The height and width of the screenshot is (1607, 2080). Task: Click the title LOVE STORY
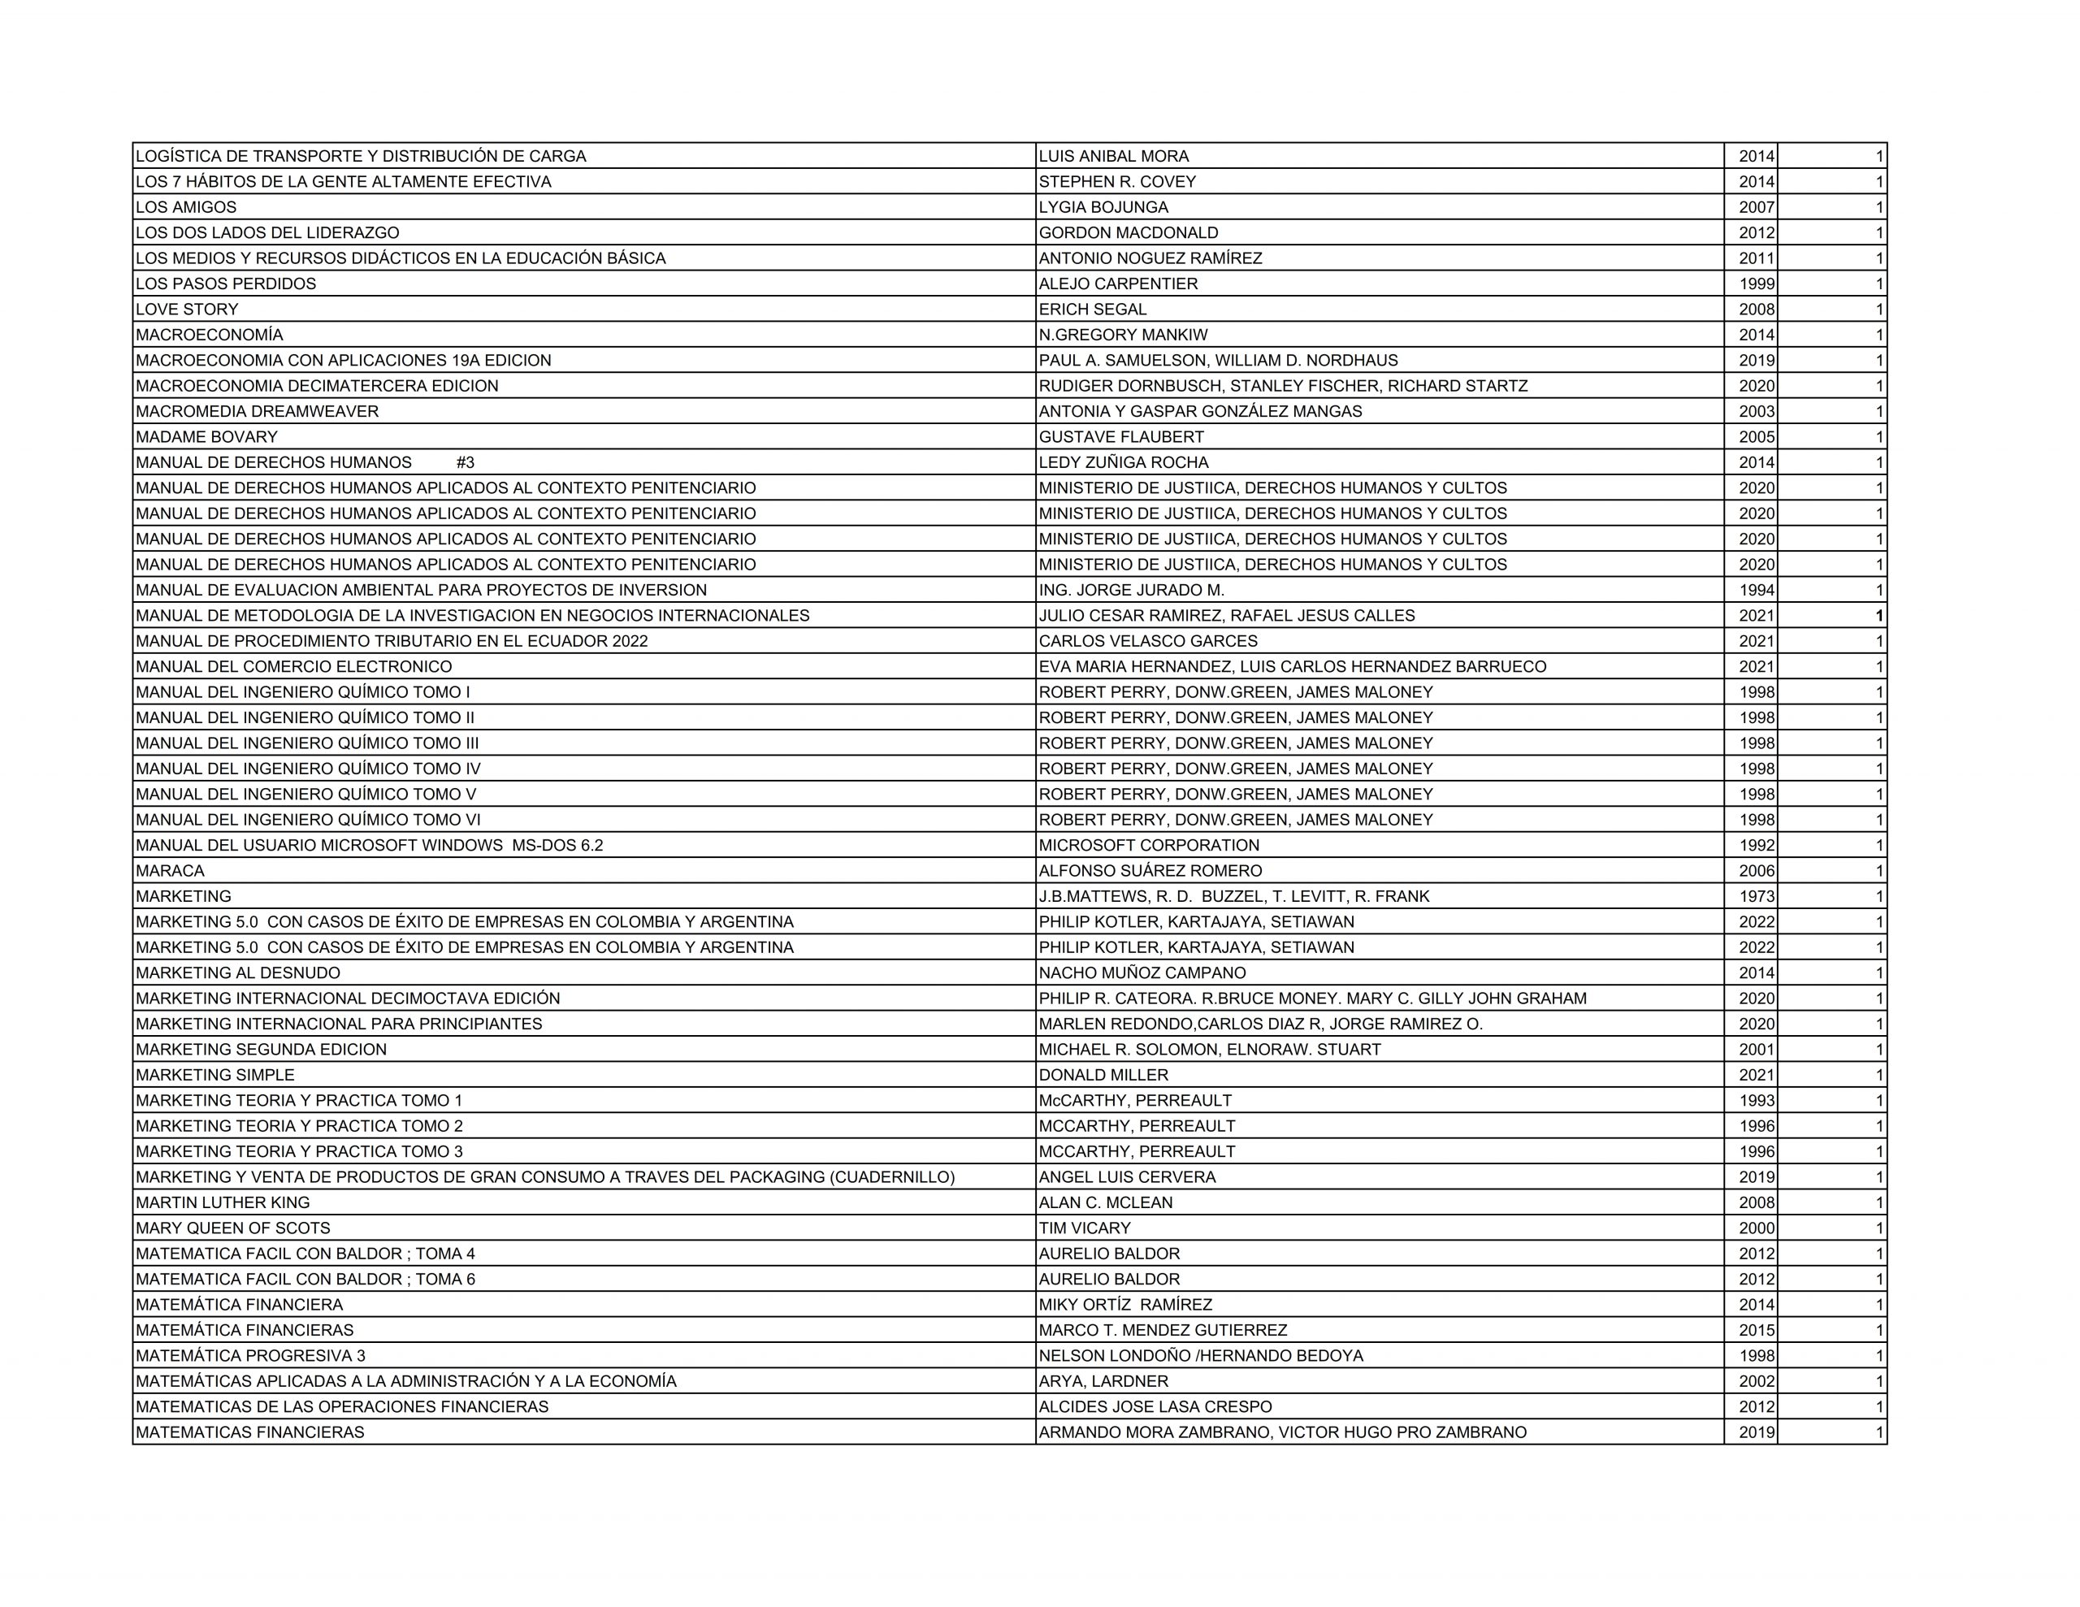(x=187, y=310)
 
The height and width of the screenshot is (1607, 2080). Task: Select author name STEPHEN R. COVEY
(x=1117, y=182)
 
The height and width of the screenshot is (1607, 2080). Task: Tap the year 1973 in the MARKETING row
(x=1756, y=896)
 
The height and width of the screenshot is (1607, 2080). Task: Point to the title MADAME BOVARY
(x=206, y=437)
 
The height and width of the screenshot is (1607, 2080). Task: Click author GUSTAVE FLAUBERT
(x=1121, y=437)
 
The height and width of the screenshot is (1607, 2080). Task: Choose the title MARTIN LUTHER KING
(x=223, y=1203)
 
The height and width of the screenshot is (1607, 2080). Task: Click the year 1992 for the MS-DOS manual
(x=1756, y=846)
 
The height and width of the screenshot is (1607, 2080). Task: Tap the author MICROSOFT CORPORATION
(x=1149, y=846)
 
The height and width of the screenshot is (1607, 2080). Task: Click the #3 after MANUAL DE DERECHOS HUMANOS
(x=465, y=463)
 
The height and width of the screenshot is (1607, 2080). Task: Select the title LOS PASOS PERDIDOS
(x=226, y=284)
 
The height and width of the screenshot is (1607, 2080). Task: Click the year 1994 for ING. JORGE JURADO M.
(x=1756, y=591)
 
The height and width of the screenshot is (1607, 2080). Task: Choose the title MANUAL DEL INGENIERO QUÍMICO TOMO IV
(x=308, y=769)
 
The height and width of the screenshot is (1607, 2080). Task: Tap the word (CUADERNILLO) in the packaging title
(x=892, y=1177)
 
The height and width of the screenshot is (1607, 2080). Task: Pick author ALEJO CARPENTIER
(x=1118, y=284)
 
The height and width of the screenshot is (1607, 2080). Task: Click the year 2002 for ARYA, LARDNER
(x=1756, y=1381)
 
